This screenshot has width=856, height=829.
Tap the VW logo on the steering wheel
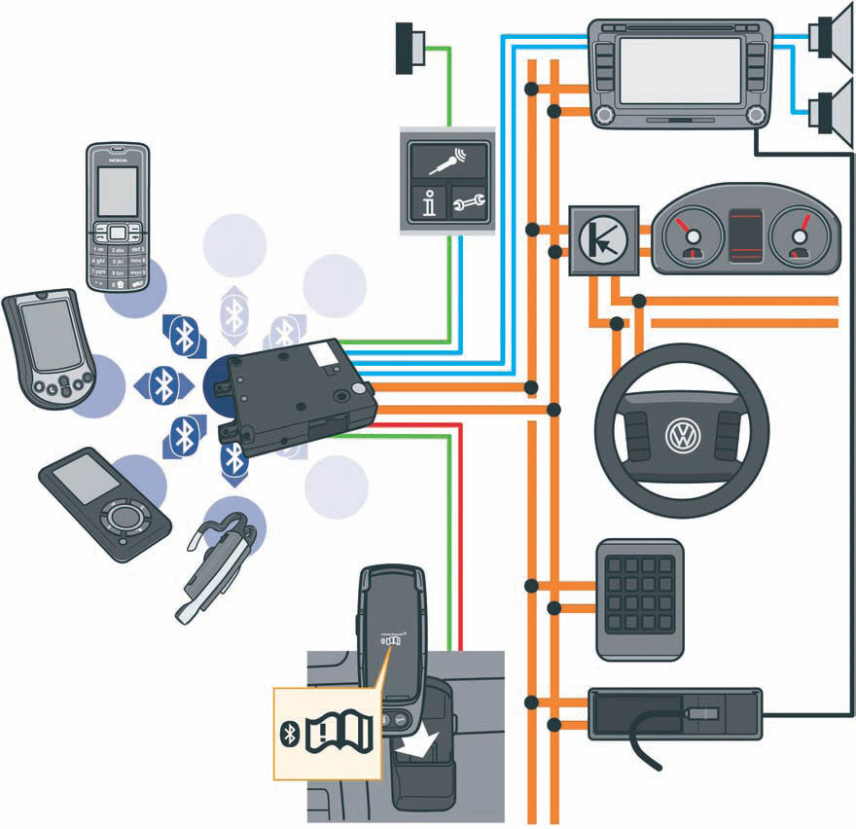682,434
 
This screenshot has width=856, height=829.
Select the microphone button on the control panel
447,158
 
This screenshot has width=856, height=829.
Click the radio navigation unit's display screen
680,71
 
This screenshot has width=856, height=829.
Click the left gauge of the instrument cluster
689,237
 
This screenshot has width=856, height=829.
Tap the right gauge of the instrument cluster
800,237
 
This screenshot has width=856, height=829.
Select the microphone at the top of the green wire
411,47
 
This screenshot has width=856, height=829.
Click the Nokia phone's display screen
117,190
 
